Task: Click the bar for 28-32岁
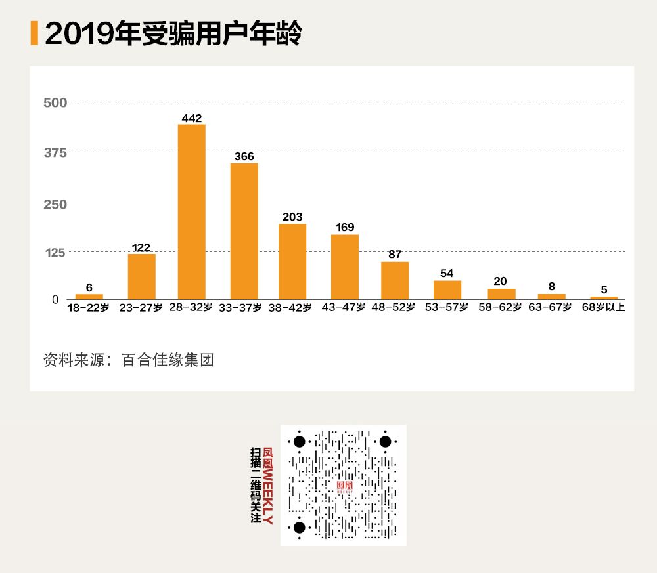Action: (x=192, y=212)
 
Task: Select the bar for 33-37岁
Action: (x=244, y=231)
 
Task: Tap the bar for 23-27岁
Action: (x=141, y=276)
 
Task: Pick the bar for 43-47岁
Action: (x=345, y=266)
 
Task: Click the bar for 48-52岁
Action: (x=395, y=280)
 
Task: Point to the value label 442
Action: (x=192, y=119)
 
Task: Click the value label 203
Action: (x=292, y=217)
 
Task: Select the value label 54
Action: (x=447, y=274)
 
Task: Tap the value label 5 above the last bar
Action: (x=604, y=289)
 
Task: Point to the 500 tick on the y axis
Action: (x=55, y=102)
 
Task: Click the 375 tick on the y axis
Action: (x=55, y=152)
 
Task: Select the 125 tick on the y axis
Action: (x=55, y=252)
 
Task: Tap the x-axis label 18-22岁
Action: (x=88, y=308)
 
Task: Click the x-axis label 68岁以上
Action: (x=604, y=308)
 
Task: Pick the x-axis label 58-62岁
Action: (x=500, y=308)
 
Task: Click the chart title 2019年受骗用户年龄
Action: (x=173, y=34)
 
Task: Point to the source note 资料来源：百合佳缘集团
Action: (x=129, y=360)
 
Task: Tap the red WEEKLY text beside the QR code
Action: (x=267, y=496)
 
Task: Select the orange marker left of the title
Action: (x=34, y=33)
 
